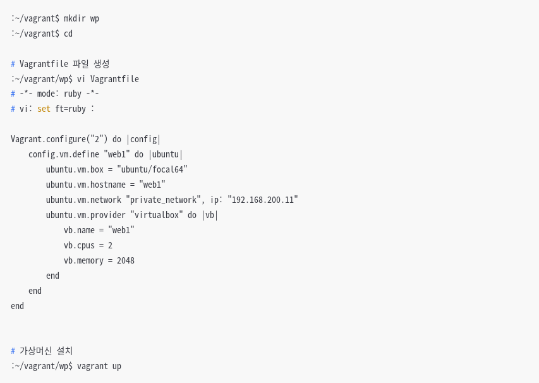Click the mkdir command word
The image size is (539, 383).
75,18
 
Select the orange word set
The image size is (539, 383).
44,109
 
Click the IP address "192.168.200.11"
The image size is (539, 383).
263,200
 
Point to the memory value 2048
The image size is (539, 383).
126,260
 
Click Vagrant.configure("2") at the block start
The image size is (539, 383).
59,139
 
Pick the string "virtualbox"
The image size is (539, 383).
157,215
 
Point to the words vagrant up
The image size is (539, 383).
99,366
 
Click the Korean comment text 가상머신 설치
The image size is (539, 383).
46,351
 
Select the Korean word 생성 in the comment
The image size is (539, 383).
101,64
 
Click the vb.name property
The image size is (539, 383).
79,230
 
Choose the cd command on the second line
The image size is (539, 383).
68,33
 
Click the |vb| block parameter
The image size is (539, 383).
210,215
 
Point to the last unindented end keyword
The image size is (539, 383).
17,306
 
